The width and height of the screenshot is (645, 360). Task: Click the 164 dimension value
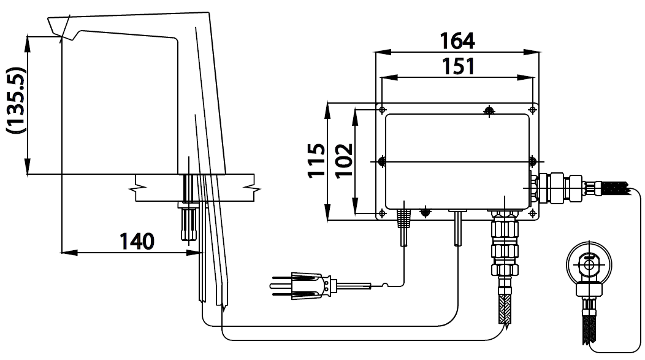coord(457,40)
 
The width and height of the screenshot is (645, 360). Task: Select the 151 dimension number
coord(458,66)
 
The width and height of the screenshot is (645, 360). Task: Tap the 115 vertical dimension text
coord(317,161)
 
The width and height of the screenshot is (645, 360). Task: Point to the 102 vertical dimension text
coord(344,161)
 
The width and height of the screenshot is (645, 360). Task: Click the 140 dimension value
coord(137,241)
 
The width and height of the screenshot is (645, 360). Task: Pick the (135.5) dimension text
coord(16,100)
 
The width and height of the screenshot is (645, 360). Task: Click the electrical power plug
coord(303,285)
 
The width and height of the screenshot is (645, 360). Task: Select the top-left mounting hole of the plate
coord(382,110)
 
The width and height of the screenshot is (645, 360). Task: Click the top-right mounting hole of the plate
coord(533,110)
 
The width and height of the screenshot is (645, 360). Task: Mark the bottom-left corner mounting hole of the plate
coord(382,213)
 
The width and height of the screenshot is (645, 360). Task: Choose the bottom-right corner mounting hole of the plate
coord(533,213)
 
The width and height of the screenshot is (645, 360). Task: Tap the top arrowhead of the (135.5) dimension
coord(28,44)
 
